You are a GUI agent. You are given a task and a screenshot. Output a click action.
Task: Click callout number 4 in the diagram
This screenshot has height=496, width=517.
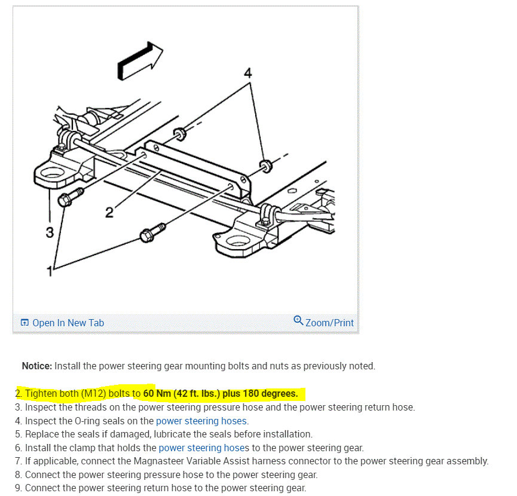point(248,74)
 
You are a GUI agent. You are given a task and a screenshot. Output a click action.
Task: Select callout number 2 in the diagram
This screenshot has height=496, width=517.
point(109,212)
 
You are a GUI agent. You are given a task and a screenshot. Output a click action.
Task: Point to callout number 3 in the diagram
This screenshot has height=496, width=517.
point(50,231)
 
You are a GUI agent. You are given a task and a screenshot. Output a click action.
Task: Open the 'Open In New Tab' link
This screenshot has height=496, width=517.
point(68,323)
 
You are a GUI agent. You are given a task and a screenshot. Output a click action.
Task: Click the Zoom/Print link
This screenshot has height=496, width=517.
point(329,323)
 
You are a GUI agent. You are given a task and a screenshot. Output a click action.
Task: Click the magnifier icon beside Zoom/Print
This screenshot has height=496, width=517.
point(298,321)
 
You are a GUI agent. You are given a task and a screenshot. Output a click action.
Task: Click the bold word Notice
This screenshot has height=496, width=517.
point(37,366)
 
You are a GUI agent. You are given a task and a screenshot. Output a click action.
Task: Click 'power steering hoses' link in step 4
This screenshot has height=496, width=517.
point(201,421)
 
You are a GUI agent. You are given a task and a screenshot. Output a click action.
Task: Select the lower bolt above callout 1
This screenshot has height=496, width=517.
point(150,234)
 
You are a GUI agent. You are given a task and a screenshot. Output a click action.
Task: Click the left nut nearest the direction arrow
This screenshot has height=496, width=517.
point(178,132)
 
